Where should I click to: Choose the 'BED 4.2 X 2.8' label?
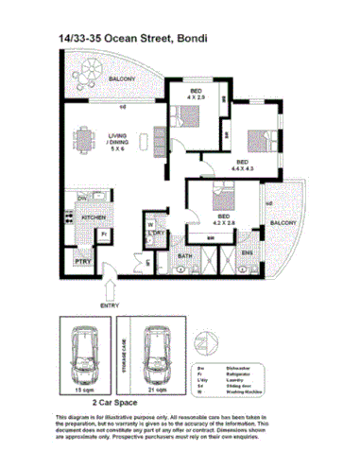(225, 219)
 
